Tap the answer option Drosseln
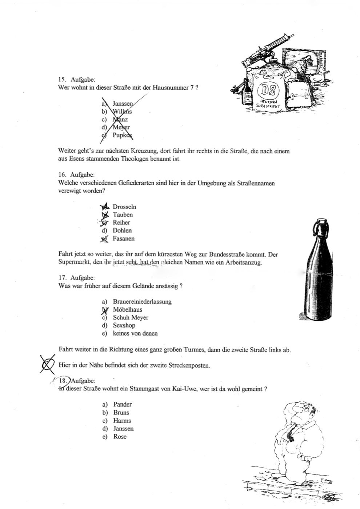[x=124, y=207]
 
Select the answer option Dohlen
[x=122, y=231]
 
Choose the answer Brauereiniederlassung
[x=142, y=302]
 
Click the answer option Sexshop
[x=124, y=325]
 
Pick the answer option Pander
[x=123, y=404]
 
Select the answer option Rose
[x=120, y=437]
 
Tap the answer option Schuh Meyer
[x=131, y=317]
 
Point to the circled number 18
[x=64, y=381]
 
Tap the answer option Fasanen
[x=124, y=239]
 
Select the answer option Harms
[x=122, y=421]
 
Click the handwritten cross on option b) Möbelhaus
[x=105, y=310]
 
